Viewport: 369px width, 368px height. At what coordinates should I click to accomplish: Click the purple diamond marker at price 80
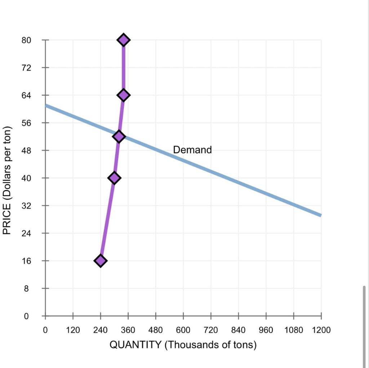124,40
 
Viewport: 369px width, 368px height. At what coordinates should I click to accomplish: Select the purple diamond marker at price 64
124,95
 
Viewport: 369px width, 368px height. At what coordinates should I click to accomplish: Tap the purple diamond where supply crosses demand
119,137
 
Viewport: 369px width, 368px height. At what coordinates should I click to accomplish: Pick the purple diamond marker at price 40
114,178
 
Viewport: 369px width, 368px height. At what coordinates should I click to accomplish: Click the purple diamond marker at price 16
100,261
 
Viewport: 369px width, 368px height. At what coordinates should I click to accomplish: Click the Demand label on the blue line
192,150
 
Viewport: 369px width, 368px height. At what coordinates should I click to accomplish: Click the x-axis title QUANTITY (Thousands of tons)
183,345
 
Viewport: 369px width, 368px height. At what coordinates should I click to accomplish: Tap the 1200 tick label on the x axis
321,330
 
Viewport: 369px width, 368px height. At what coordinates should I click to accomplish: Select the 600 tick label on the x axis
183,330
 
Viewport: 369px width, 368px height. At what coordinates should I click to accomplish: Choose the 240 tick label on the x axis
101,330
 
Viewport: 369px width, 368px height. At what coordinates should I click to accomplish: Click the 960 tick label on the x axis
266,330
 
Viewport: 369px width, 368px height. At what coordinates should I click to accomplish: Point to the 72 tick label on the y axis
26,67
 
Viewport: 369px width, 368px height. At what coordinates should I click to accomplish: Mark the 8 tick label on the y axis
26,288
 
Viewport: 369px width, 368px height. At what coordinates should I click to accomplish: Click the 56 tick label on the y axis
26,123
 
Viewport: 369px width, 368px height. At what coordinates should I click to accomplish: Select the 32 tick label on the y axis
26,206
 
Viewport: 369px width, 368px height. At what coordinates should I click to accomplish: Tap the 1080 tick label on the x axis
293,330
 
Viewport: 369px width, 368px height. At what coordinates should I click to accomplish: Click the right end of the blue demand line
320,215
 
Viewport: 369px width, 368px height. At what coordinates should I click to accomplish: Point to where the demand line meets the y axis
46,106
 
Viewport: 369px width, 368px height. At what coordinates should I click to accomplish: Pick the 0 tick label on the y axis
26,316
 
